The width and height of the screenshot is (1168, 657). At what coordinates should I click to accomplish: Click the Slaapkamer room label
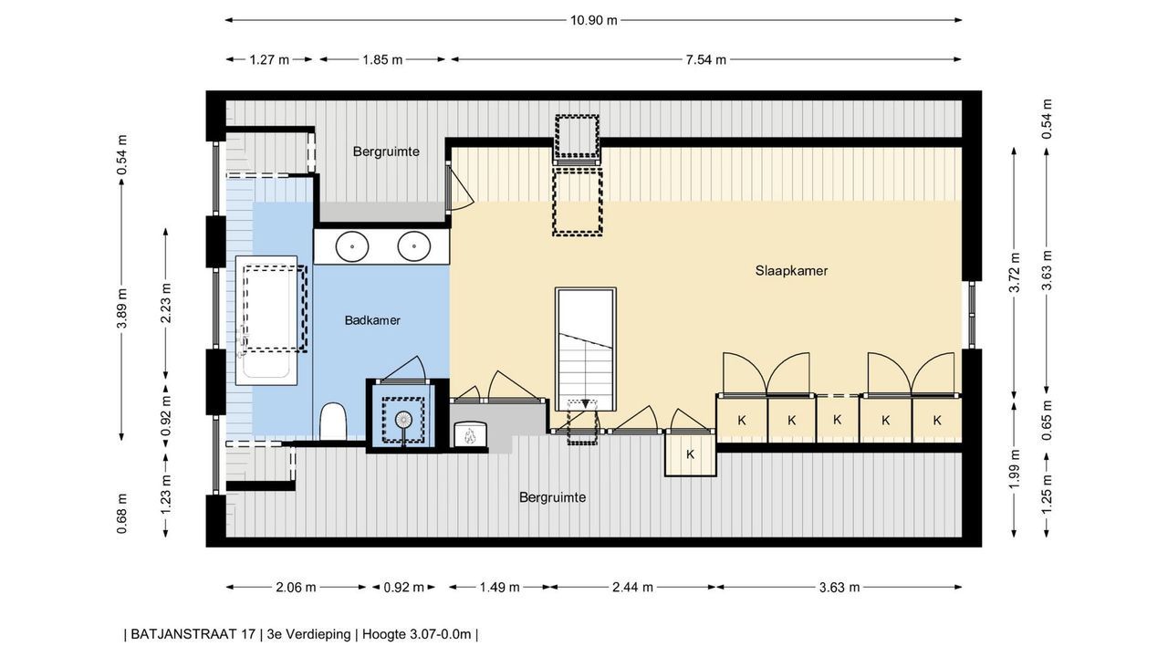pyautogui.click(x=791, y=271)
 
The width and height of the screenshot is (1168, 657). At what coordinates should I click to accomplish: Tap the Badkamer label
pyautogui.click(x=372, y=320)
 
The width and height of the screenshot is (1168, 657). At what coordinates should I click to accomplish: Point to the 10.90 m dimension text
pyautogui.click(x=593, y=20)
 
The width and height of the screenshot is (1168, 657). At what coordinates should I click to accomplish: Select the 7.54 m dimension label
pyautogui.click(x=705, y=59)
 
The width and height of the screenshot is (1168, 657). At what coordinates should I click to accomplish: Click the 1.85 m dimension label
pyautogui.click(x=382, y=59)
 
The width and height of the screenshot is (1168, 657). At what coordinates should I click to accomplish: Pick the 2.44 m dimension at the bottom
pyautogui.click(x=632, y=587)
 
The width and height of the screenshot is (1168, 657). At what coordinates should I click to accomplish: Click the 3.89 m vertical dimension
pyautogui.click(x=122, y=308)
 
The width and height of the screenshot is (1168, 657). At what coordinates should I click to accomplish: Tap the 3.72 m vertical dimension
pyautogui.click(x=1014, y=273)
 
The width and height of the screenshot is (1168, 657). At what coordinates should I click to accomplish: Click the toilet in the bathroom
pyautogui.click(x=333, y=422)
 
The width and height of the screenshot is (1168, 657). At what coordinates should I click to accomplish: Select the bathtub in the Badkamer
pyautogui.click(x=266, y=320)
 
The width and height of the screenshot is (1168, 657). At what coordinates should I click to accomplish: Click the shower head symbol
pyautogui.click(x=403, y=419)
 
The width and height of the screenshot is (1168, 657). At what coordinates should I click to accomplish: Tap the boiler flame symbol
pyautogui.click(x=471, y=435)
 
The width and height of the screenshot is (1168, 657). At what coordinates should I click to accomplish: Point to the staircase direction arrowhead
pyautogui.click(x=586, y=403)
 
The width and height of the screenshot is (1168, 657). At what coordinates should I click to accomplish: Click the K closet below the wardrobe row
pyautogui.click(x=691, y=454)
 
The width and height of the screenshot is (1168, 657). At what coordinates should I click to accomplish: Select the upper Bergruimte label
pyautogui.click(x=386, y=151)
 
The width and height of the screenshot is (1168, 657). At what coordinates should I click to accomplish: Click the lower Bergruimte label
pyautogui.click(x=552, y=497)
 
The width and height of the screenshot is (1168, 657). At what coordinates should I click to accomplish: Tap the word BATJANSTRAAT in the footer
pyautogui.click(x=193, y=634)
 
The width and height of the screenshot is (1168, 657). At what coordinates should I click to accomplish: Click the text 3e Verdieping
pyautogui.click(x=308, y=634)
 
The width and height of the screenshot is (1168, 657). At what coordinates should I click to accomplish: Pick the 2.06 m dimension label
pyautogui.click(x=296, y=587)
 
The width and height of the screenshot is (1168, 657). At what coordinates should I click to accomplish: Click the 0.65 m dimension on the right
pyautogui.click(x=1047, y=421)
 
